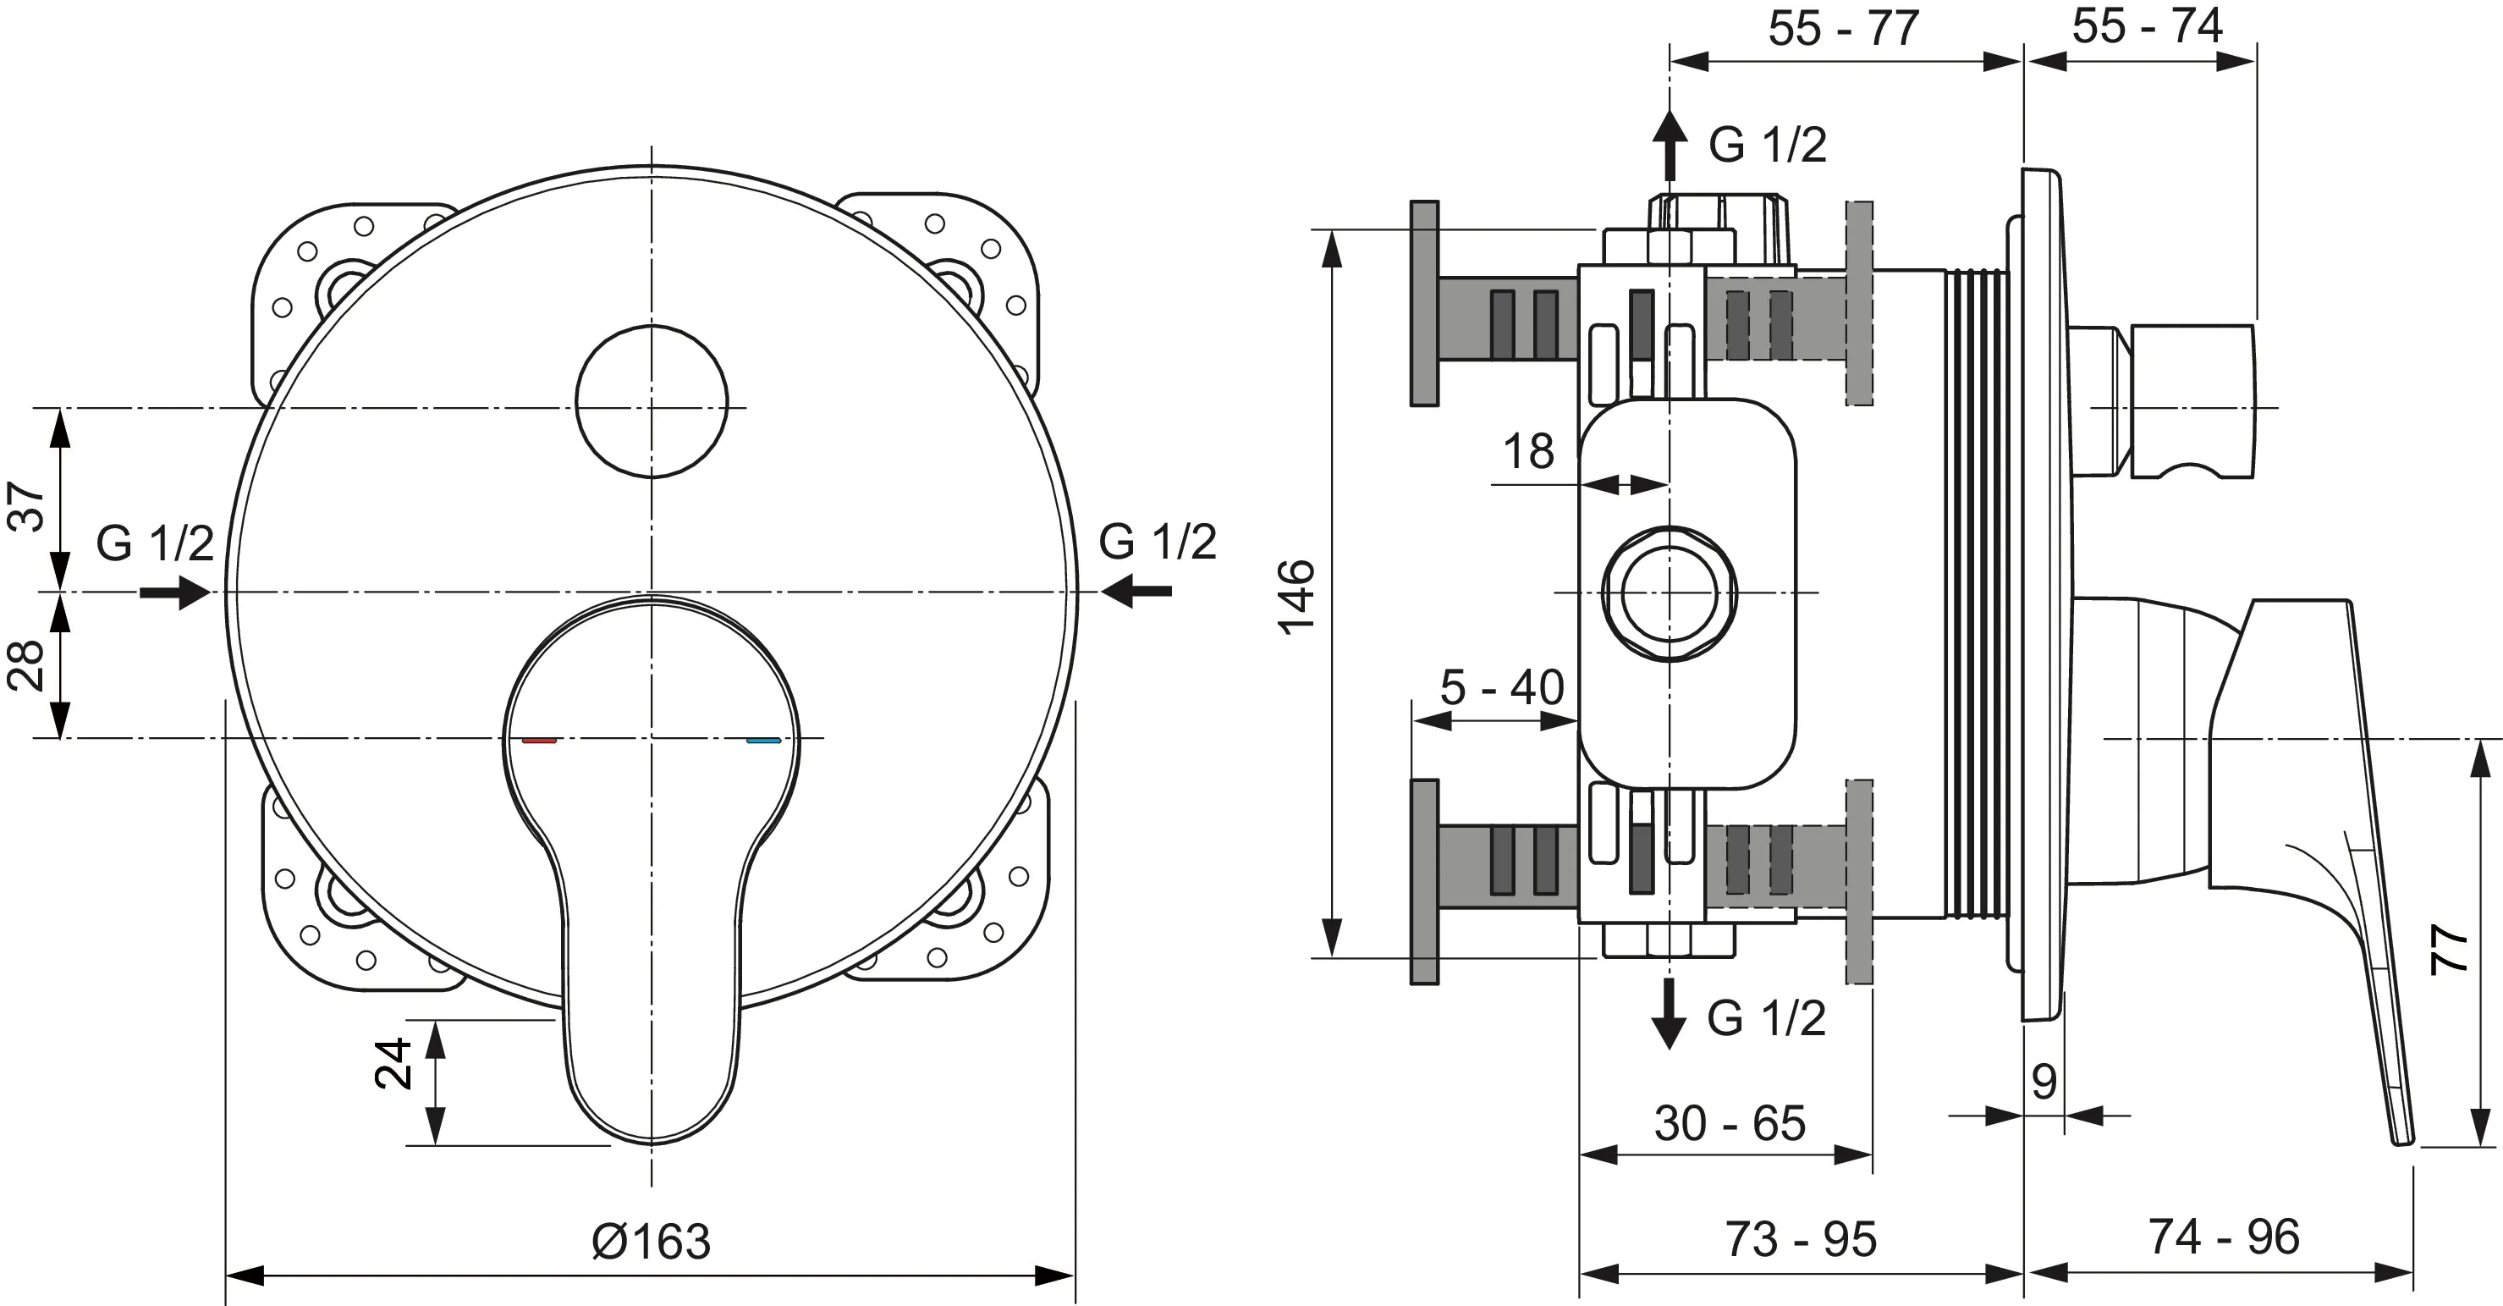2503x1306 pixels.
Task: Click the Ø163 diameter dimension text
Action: pyautogui.click(x=651, y=1241)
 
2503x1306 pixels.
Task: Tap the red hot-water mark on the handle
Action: pyautogui.click(x=539, y=741)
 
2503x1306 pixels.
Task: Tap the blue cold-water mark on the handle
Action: pyautogui.click(x=764, y=741)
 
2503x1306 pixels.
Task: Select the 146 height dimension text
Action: pyautogui.click(x=1297, y=597)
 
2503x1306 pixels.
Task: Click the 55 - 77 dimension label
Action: pyautogui.click(x=1843, y=28)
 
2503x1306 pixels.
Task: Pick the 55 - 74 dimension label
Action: pyautogui.click(x=2148, y=26)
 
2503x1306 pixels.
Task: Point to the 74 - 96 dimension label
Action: pyautogui.click(x=2223, y=1237)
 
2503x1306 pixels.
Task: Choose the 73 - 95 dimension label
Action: pyautogui.click(x=1801, y=1239)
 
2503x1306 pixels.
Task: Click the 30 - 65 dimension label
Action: pyautogui.click(x=1730, y=1123)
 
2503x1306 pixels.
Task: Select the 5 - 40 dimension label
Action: pyautogui.click(x=1502, y=688)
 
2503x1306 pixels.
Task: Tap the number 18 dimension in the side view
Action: pyautogui.click(x=1528, y=452)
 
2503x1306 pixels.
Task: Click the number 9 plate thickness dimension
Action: pyautogui.click(x=2044, y=1082)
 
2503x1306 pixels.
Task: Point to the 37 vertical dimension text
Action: pyautogui.click(x=27, y=505)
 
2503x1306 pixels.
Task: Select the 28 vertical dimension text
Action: pyautogui.click(x=27, y=664)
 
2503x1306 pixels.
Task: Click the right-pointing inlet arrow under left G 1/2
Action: pyautogui.click(x=176, y=591)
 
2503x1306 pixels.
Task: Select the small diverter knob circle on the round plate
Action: pyautogui.click(x=651, y=401)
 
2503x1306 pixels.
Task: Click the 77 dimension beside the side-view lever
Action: pyautogui.click(x=2449, y=949)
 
